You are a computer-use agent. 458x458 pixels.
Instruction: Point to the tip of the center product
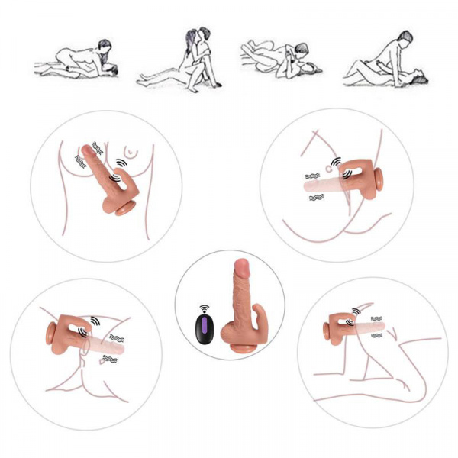click(241, 266)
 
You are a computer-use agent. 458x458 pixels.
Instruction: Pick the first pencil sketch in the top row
click(77, 62)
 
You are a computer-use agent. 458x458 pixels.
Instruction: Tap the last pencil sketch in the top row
click(385, 61)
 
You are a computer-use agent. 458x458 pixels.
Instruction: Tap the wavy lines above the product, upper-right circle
click(312, 176)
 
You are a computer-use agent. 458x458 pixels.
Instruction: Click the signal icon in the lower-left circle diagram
click(94, 321)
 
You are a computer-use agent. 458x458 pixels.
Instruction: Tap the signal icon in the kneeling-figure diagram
click(356, 311)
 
